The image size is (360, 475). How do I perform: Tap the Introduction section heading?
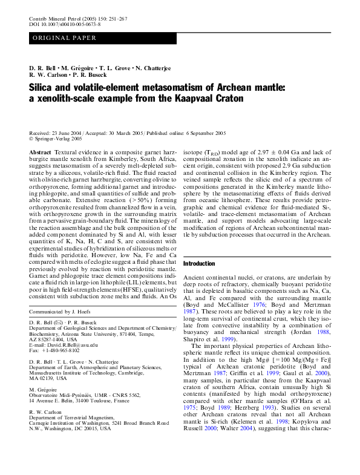coord(199,264)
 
